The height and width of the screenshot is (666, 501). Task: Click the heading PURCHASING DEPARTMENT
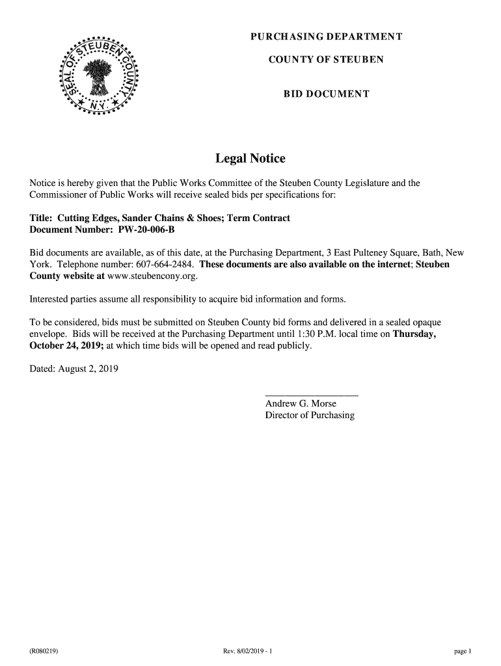point(326,36)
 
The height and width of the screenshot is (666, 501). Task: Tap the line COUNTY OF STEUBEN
point(326,60)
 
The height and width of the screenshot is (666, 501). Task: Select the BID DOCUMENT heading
point(326,94)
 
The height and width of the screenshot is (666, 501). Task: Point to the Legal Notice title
point(251,159)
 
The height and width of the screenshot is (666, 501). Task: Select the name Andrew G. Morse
point(301,404)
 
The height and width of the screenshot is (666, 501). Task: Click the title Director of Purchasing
point(310,415)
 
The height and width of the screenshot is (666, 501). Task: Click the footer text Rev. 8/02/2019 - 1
point(251,650)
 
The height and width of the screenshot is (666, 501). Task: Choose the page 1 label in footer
point(463,650)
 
